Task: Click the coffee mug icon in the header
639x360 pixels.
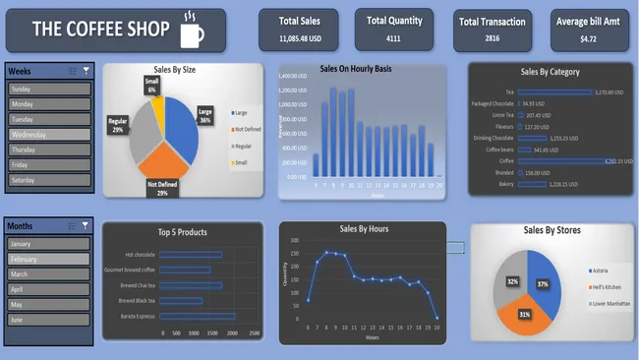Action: tap(194, 31)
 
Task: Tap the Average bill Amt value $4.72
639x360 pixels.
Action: tap(588, 39)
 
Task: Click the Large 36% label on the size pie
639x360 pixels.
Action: tap(205, 116)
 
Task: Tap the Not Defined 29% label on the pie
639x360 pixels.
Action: tap(162, 189)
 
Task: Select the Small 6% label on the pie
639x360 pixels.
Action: tap(151, 86)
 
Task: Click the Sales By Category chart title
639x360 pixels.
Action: tap(550, 72)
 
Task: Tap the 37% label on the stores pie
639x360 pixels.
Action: tap(542, 283)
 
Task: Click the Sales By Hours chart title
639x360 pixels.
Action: tap(364, 228)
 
